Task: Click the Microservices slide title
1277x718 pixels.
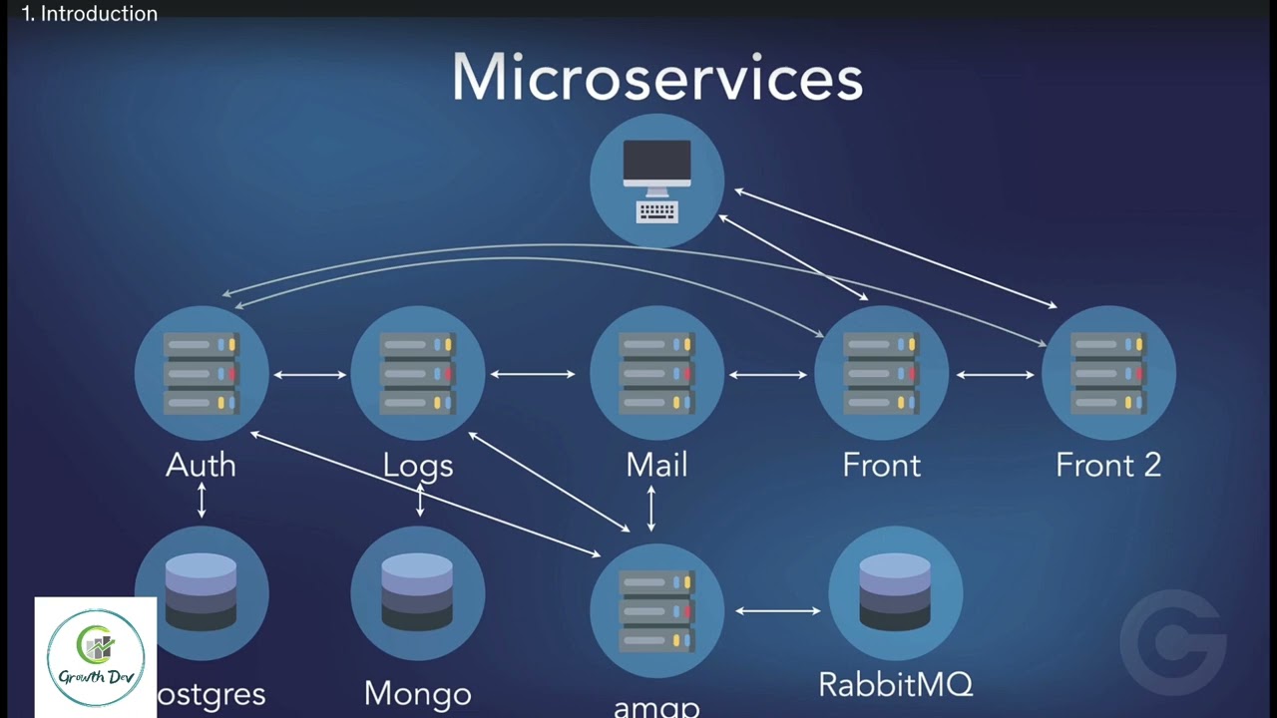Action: pyautogui.click(x=656, y=79)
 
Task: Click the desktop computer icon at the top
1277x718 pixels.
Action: pyautogui.click(x=656, y=180)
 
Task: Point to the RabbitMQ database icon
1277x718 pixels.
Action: pyautogui.click(x=895, y=593)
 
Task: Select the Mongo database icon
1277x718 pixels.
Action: pyautogui.click(x=418, y=593)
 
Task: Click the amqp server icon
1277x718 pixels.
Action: pyautogui.click(x=656, y=609)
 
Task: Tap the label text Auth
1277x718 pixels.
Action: pyautogui.click(x=202, y=465)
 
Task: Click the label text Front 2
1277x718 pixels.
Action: pyautogui.click(x=1108, y=465)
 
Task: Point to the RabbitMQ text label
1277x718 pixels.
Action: pyautogui.click(x=895, y=685)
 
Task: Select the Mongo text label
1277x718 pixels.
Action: pyautogui.click(x=418, y=694)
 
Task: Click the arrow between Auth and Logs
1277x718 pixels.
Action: pyautogui.click(x=310, y=375)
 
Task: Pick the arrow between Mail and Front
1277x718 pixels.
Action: pyautogui.click(x=768, y=375)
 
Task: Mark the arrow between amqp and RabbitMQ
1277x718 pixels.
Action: pyautogui.click(x=778, y=610)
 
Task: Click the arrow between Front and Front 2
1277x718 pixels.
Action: pyautogui.click(x=995, y=375)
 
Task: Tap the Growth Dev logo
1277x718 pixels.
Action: pyautogui.click(x=96, y=658)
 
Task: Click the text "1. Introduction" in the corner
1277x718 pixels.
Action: pyautogui.click(x=90, y=14)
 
